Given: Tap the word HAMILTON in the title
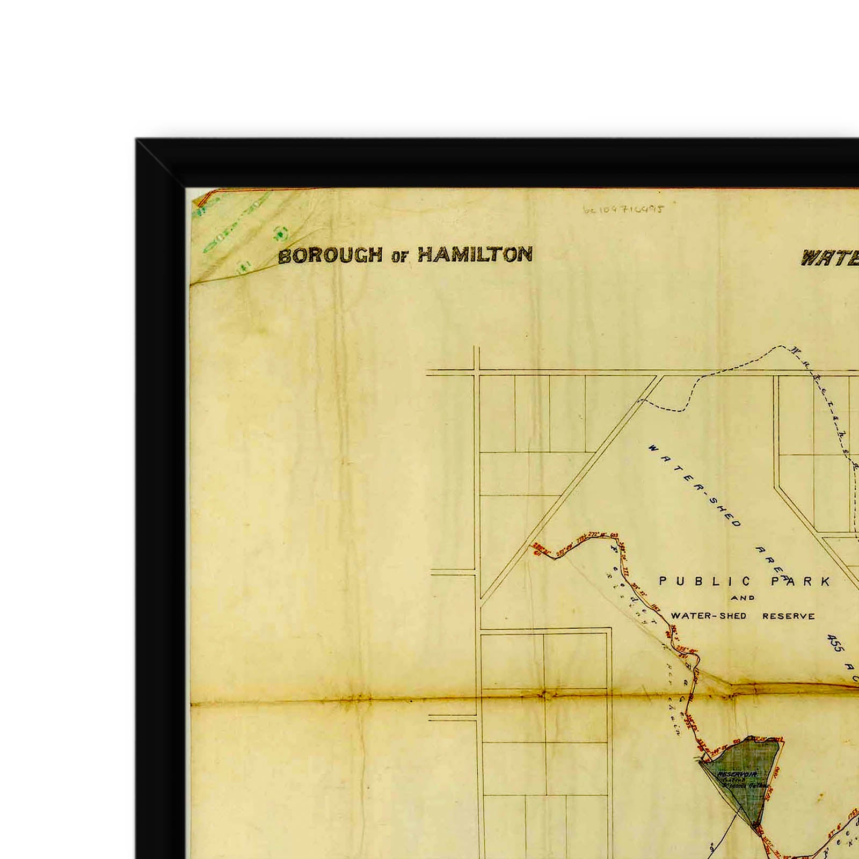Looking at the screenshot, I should tap(475, 254).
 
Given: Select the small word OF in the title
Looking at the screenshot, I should tap(399, 257).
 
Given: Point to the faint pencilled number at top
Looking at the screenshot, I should tap(623, 208).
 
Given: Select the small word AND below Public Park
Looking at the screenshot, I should tap(743, 598).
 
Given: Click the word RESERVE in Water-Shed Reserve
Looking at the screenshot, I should tap(788, 616).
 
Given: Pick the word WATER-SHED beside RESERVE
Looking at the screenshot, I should tap(709, 616).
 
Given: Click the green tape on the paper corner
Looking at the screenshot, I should tap(236, 236).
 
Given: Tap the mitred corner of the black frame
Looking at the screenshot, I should tap(161, 164).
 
